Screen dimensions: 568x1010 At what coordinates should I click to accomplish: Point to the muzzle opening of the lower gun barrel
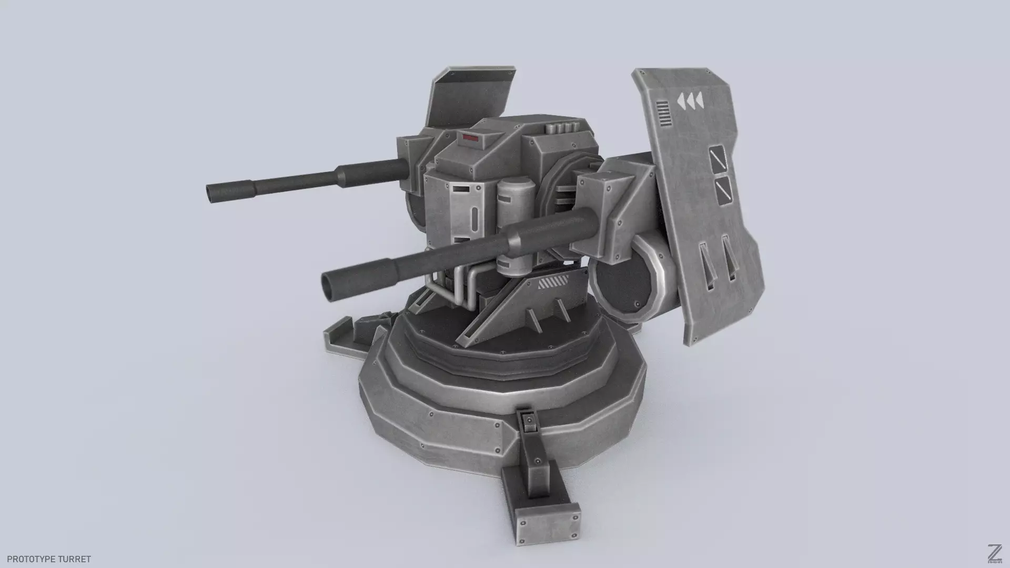330,285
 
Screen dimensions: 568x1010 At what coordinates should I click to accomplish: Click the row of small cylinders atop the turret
563,128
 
